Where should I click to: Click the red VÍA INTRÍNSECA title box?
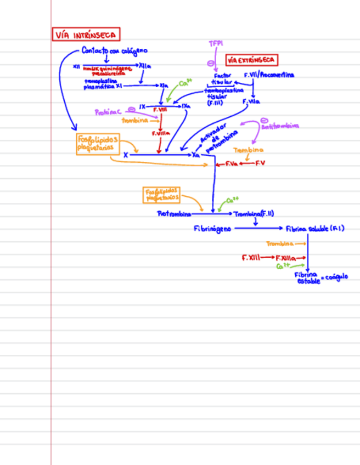(x=86, y=35)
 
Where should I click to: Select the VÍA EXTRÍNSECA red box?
(x=252, y=60)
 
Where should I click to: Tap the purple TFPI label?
(x=216, y=43)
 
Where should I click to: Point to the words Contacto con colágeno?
(x=114, y=51)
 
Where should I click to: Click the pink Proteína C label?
(x=108, y=112)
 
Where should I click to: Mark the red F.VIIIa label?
(x=161, y=133)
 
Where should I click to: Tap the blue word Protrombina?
(x=174, y=214)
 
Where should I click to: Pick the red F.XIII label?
(x=250, y=257)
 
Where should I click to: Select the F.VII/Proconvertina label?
(x=269, y=75)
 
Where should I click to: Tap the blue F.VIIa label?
(x=251, y=101)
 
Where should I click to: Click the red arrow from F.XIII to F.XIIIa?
(x=267, y=257)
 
